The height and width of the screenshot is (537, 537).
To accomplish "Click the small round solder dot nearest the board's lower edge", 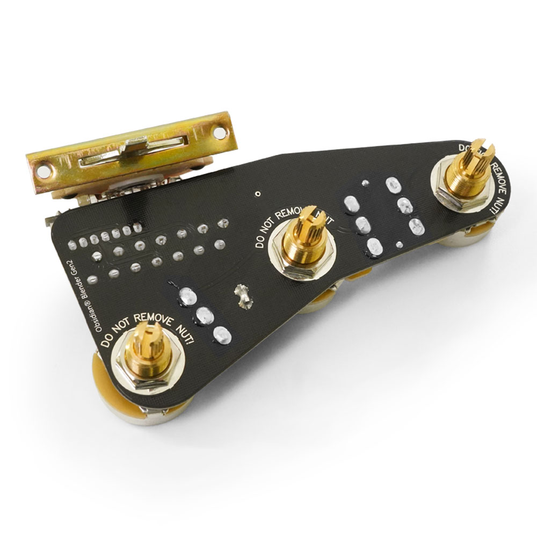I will point(398,245).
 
